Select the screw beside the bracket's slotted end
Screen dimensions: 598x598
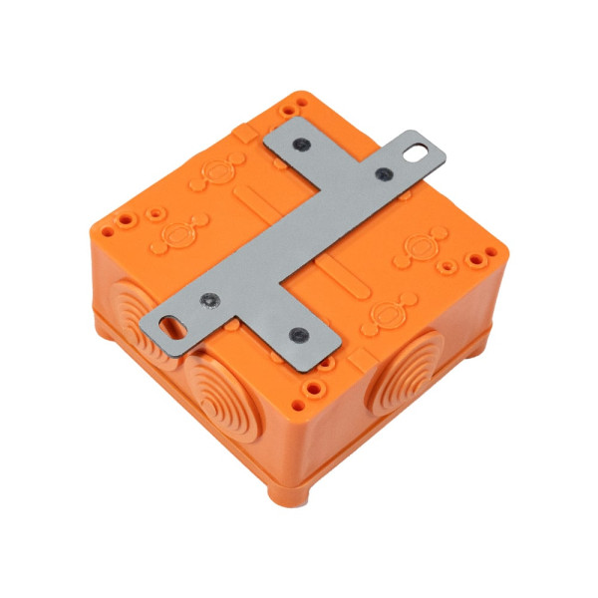coord(209,299)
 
